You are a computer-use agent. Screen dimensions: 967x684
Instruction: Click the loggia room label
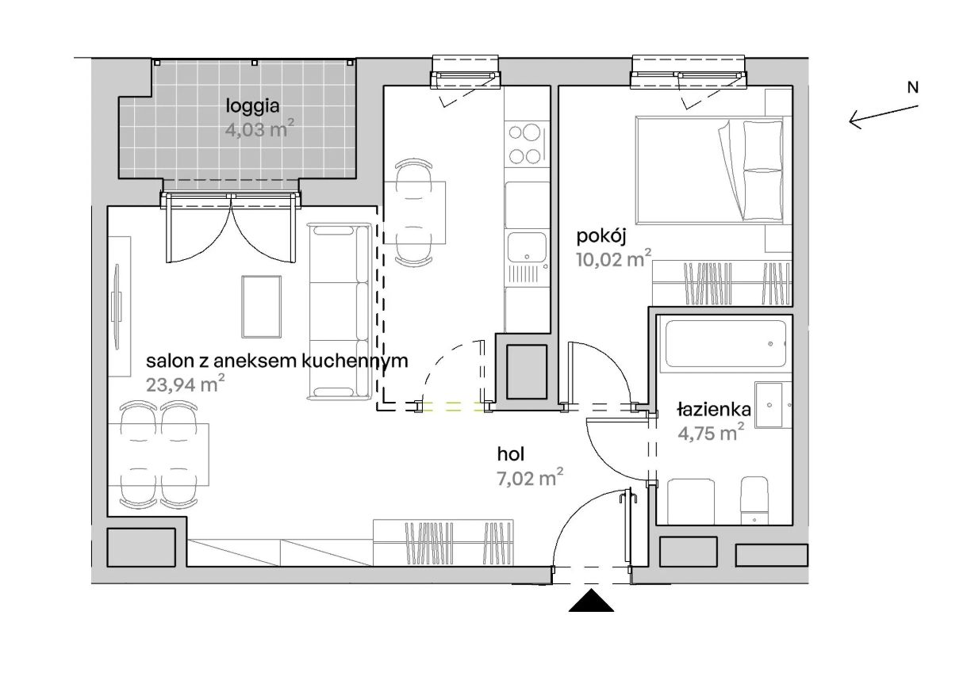point(252,106)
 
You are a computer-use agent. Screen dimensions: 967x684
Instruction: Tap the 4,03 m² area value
point(259,129)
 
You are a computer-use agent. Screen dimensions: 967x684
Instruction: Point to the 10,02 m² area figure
point(613,258)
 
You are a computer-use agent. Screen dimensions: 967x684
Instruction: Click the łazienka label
point(714,409)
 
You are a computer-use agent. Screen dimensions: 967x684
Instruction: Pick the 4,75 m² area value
point(711,432)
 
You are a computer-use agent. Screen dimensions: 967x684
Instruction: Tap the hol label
point(511,454)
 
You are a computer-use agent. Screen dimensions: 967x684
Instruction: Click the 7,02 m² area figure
point(530,477)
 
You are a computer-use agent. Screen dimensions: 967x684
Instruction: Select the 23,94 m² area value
point(185,384)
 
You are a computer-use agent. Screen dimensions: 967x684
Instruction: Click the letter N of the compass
point(912,87)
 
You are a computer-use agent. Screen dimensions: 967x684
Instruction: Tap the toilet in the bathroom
point(754,501)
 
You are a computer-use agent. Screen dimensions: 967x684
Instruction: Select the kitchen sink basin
point(527,247)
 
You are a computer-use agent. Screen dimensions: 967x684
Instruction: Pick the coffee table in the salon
point(261,307)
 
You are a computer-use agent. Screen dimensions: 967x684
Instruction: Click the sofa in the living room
point(340,311)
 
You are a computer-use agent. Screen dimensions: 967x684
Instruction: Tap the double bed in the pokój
point(710,170)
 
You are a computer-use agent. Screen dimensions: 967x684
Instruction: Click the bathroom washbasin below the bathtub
point(773,405)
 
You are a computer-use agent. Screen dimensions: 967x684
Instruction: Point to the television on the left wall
point(116,307)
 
